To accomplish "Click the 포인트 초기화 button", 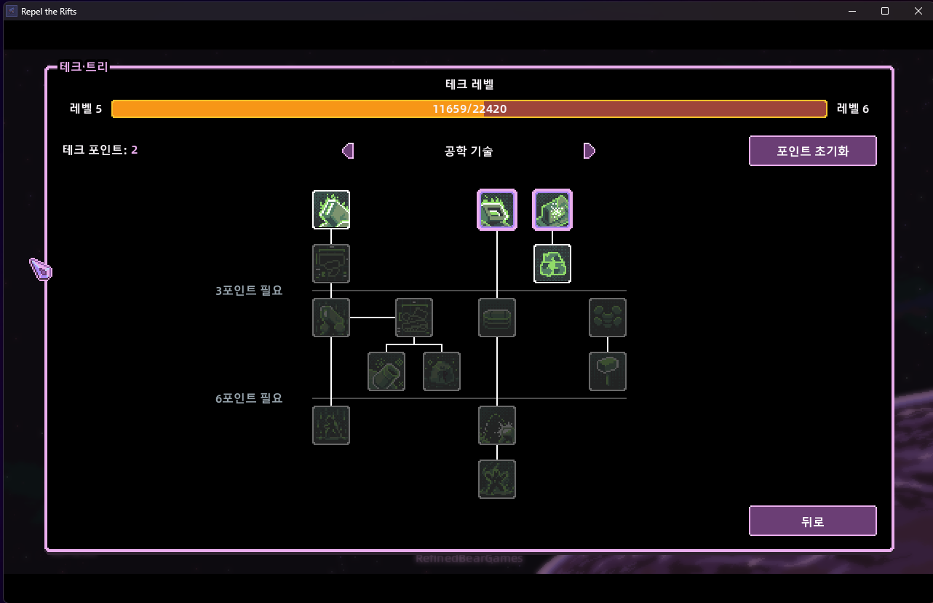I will (x=812, y=151).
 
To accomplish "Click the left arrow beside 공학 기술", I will (x=348, y=151).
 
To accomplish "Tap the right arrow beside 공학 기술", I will (x=589, y=151).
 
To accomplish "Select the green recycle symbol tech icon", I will (x=552, y=263).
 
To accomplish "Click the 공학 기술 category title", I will (x=469, y=151).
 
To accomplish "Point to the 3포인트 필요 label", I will (x=249, y=291).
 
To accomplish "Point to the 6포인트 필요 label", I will (x=249, y=398).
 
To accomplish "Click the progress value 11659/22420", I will (x=469, y=109).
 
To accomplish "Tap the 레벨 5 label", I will (x=86, y=109).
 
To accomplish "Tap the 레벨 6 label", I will (x=853, y=109).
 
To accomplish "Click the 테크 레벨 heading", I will (x=469, y=84).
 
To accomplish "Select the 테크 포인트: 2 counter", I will (x=100, y=150).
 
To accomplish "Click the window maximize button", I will (x=885, y=11).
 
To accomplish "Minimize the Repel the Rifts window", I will (x=852, y=11).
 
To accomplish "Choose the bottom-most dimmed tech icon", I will (x=497, y=478).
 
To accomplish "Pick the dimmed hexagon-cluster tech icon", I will (x=608, y=317).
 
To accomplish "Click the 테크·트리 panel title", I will (x=84, y=67).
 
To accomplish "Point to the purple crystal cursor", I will (x=41, y=269).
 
